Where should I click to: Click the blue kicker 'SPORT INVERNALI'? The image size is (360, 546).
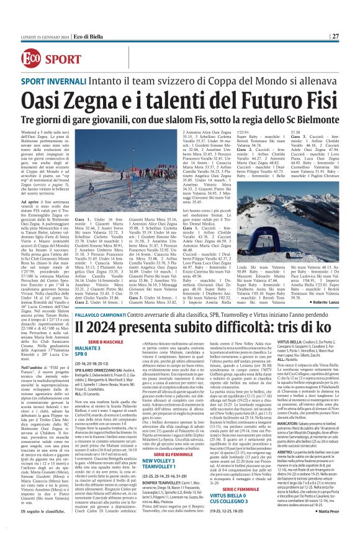(56, 81)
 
